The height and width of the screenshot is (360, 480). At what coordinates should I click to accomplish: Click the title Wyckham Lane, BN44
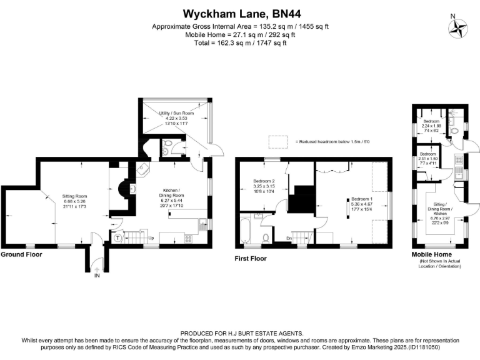pos(240,13)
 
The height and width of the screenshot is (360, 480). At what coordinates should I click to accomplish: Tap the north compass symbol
pos(460,27)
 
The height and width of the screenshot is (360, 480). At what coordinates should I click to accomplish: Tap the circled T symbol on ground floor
pos(117,237)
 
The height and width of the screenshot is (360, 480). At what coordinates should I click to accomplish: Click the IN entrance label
pos(96,275)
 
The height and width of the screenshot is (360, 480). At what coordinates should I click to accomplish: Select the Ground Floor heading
pos(21,255)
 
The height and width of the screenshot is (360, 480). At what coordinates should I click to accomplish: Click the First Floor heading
pos(250,258)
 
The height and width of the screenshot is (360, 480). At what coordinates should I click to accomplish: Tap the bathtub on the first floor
pos(244,231)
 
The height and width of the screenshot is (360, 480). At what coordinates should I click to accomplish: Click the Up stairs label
pos(150,237)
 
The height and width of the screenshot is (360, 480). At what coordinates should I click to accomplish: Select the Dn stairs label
pos(288,237)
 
